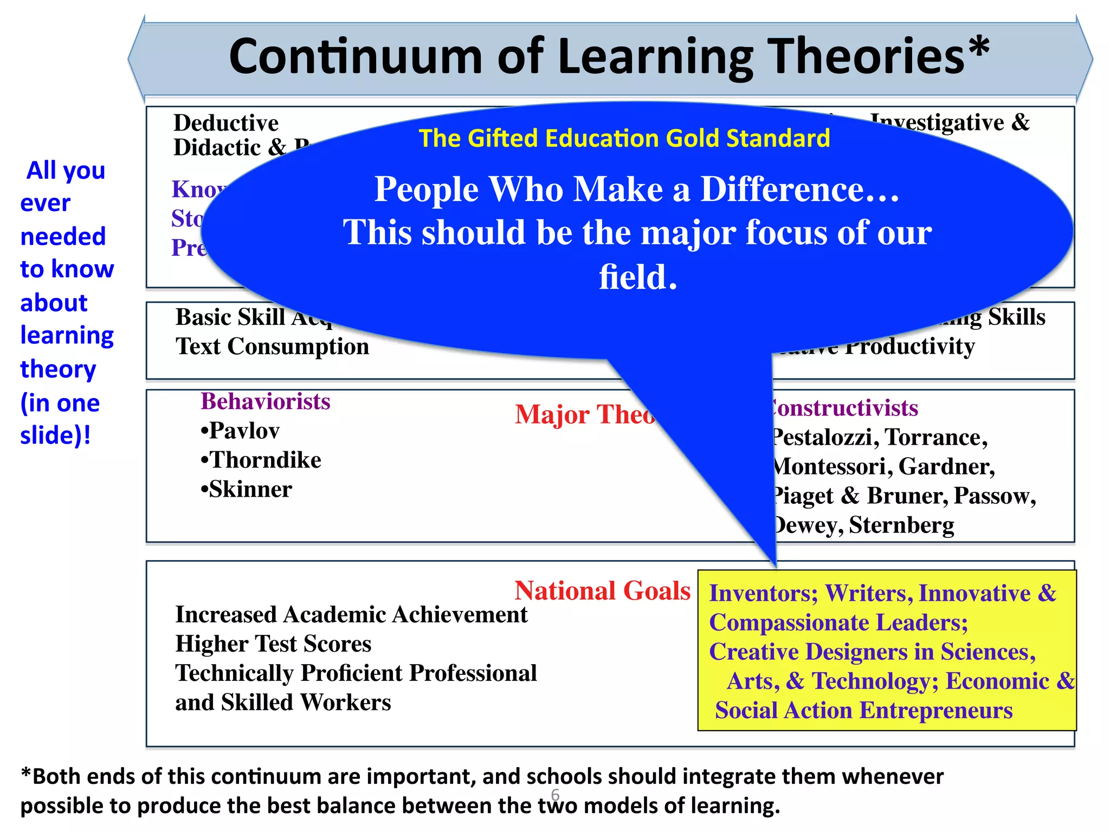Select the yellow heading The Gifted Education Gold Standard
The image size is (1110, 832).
click(x=624, y=138)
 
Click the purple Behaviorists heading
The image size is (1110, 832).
click(x=266, y=402)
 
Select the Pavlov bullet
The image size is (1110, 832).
click(x=240, y=431)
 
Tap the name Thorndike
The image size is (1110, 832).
click(x=261, y=460)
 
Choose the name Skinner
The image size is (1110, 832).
click(x=247, y=490)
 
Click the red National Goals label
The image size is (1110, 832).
click(x=602, y=590)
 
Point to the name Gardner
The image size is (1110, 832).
click(x=946, y=466)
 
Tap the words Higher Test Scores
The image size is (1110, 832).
click(x=273, y=644)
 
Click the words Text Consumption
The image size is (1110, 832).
click(x=272, y=347)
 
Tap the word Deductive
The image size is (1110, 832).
click(x=225, y=123)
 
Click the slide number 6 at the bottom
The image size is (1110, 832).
click(x=555, y=795)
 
